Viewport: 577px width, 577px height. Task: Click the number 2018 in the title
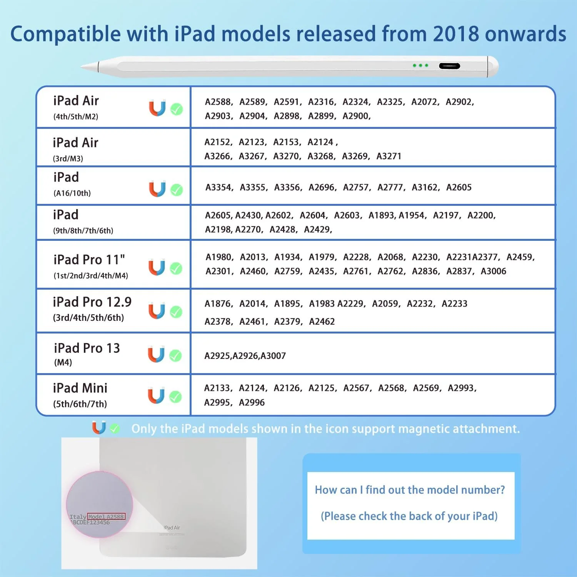coord(455,34)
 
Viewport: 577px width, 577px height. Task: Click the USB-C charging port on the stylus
coord(449,66)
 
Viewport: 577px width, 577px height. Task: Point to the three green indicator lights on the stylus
coord(420,65)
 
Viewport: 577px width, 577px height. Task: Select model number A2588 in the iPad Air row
coord(218,102)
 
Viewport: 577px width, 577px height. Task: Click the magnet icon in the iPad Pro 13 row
coord(156,355)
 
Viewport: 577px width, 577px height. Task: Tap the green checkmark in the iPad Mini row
coord(176,397)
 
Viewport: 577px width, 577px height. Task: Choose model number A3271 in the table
coord(389,156)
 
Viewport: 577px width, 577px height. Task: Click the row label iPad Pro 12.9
coord(92,302)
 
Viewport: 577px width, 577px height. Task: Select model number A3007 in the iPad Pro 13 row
coord(273,356)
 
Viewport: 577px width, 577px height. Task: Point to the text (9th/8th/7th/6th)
coord(83,231)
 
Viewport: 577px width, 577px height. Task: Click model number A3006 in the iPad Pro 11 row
coord(493,271)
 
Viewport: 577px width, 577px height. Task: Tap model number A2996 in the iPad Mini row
coord(252,403)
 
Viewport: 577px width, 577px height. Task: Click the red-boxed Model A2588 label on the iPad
coord(106,517)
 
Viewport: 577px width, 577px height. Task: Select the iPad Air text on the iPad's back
coord(172,527)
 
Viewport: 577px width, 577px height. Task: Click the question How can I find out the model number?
coord(410,490)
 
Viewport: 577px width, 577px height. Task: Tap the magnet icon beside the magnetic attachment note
coord(99,428)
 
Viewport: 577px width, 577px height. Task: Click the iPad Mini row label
coord(80,388)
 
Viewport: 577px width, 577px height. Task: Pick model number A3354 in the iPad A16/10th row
coord(218,187)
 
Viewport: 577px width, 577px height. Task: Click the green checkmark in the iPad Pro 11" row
coord(176,268)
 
